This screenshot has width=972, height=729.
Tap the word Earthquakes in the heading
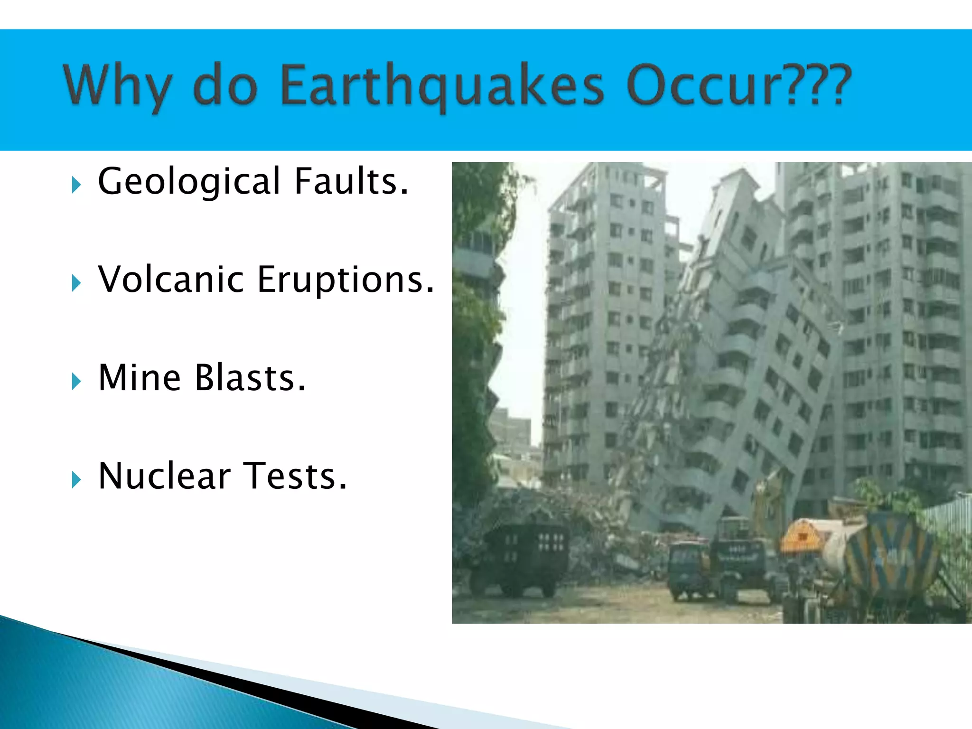tap(442, 85)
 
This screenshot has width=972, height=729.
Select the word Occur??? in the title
tap(738, 84)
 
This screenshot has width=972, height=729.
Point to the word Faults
tap(351, 181)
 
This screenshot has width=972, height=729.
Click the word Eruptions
tap(346, 280)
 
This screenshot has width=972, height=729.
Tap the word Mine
tap(140, 378)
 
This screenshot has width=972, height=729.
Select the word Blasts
tap(251, 378)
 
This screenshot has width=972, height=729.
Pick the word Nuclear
tap(164, 476)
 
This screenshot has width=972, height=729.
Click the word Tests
tap(295, 476)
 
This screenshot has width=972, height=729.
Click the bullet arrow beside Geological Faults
tap(76, 185)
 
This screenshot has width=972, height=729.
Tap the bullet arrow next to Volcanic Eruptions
tap(76, 283)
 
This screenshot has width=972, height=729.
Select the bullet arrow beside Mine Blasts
tap(76, 381)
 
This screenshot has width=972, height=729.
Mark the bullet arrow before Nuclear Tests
tap(76, 479)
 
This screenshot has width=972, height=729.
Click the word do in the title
tap(225, 85)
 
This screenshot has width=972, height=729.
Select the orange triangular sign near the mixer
tap(802, 536)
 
